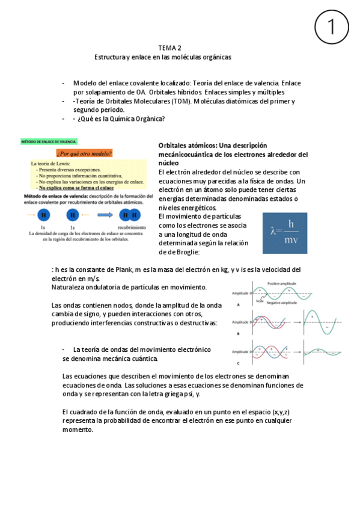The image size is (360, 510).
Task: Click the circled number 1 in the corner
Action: (331, 27)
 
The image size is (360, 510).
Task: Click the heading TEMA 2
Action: (170, 48)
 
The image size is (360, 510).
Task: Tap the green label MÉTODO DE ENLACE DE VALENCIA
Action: (49, 141)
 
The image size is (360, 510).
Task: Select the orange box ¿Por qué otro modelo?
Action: (84, 153)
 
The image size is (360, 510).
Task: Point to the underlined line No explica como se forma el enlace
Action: (84, 188)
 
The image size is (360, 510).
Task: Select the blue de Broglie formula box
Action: (285, 233)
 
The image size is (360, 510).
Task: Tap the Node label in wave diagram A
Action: (259, 301)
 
